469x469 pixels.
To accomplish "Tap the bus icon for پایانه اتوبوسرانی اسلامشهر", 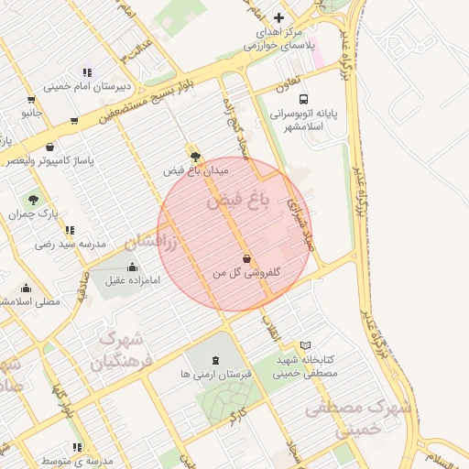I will (x=303, y=100).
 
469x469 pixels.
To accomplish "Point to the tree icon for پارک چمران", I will (x=34, y=199).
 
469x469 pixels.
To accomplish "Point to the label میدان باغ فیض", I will (x=196, y=170).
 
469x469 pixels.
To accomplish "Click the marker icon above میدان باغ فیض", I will (x=193, y=156).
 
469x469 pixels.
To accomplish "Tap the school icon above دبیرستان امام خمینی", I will (x=87, y=72).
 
